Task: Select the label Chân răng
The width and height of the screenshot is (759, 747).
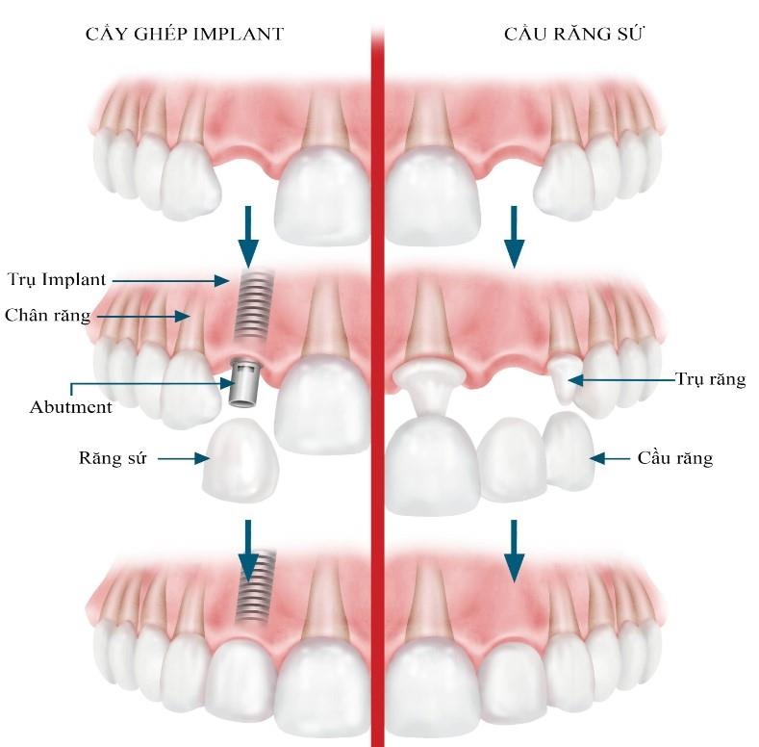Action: coord(48,315)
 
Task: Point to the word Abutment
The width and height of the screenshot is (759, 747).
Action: coord(71,406)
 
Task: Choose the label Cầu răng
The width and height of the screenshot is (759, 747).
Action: coord(674,458)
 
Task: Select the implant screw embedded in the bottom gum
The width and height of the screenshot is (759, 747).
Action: coord(255,587)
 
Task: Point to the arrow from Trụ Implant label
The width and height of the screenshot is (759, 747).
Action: coord(169,280)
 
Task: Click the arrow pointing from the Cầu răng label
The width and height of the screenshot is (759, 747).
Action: coord(612,458)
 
